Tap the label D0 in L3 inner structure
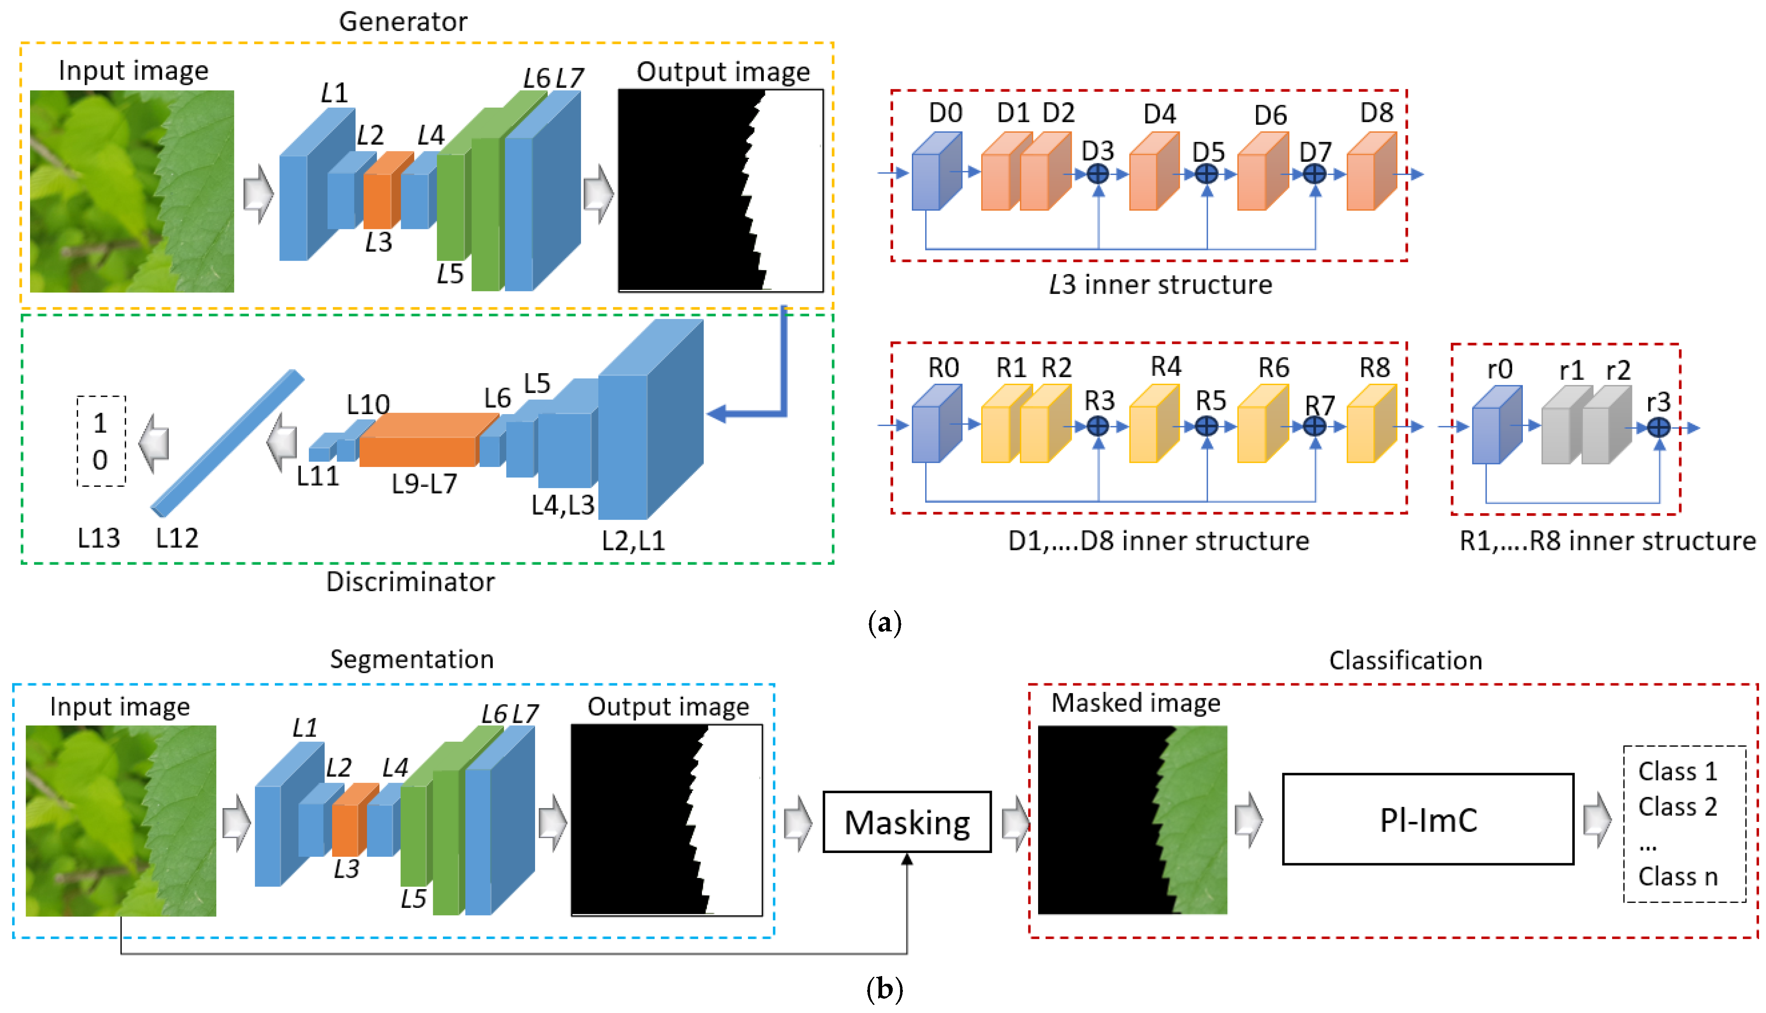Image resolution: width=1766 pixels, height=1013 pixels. click(945, 113)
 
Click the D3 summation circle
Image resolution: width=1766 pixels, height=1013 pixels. click(1098, 174)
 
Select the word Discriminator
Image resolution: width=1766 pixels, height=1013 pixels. click(410, 582)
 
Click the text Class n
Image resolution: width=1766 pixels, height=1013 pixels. click(1677, 877)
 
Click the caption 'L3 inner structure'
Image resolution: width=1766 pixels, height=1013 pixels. click(1160, 285)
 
